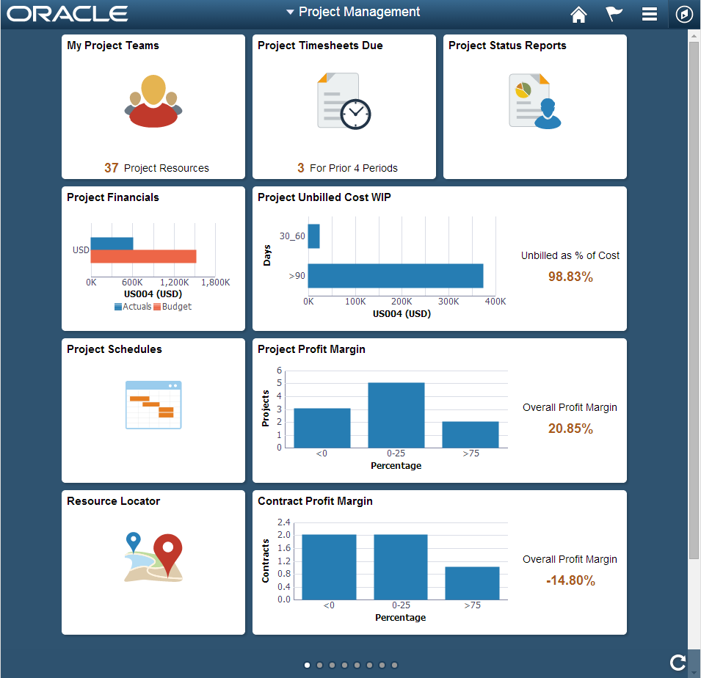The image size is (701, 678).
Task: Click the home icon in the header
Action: point(579,14)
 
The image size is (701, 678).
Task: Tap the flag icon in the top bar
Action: point(614,14)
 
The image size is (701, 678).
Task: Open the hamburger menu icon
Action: point(649,14)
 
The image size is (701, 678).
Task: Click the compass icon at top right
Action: point(684,14)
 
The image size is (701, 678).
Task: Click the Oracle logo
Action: point(68,14)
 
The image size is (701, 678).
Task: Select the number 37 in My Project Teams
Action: point(111,168)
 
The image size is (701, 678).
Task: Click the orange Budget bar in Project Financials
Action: point(143,256)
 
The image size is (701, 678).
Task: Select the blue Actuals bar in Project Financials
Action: point(112,243)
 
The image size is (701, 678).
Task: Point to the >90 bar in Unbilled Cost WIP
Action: point(395,276)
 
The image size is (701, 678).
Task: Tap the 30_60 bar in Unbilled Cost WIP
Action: point(313,236)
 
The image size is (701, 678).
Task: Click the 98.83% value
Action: point(570,277)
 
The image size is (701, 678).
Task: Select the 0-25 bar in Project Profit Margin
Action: point(396,415)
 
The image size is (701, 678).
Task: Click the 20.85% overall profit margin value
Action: point(570,429)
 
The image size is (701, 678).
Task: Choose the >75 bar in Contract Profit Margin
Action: point(472,583)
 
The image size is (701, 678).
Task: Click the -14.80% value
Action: point(570,580)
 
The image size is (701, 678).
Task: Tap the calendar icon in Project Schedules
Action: point(153,404)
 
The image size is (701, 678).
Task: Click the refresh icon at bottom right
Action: point(678,663)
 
